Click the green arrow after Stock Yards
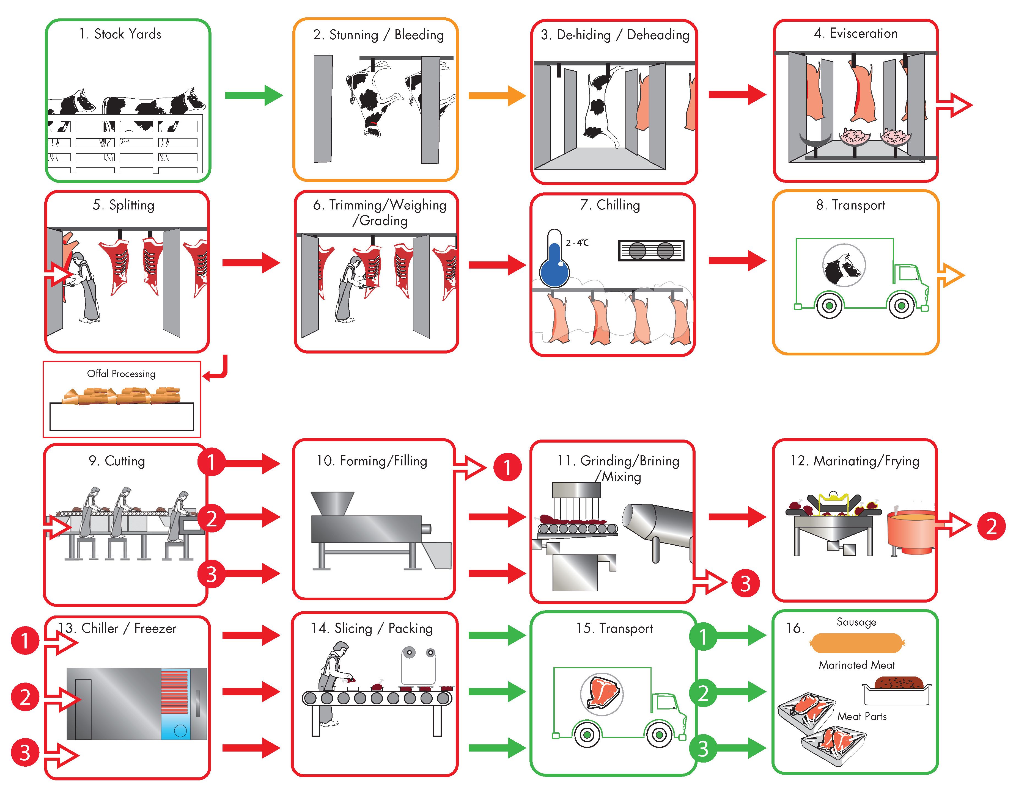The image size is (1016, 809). (x=254, y=96)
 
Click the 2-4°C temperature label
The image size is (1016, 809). (x=577, y=242)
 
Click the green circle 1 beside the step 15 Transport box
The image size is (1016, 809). (x=703, y=637)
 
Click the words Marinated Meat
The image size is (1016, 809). (x=857, y=665)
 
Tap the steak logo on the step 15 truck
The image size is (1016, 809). (x=602, y=694)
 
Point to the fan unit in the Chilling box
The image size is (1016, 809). (x=651, y=250)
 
